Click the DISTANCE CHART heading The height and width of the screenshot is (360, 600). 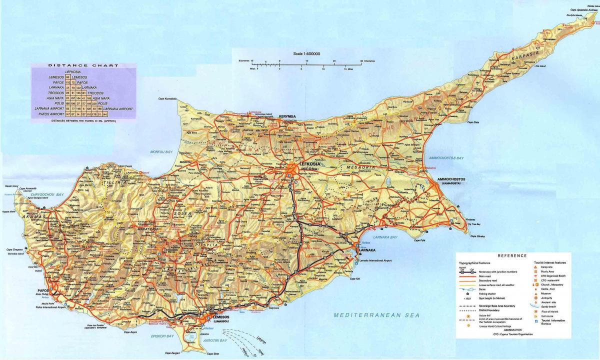83,65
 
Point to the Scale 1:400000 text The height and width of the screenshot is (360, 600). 307,53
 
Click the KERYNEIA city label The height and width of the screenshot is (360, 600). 287,116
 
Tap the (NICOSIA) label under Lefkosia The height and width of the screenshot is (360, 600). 299,169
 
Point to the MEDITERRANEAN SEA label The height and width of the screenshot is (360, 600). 376,315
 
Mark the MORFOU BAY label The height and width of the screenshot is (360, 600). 162,151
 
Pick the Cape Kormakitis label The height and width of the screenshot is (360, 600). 167,98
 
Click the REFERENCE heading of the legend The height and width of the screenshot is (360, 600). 512,255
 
